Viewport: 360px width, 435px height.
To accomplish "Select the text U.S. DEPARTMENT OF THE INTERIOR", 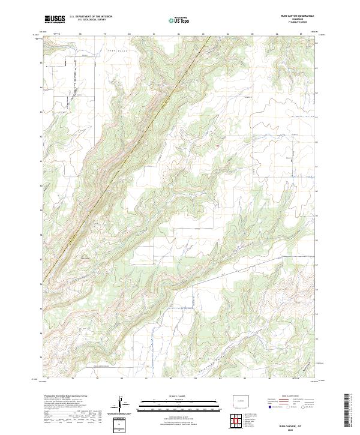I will (x=91, y=17).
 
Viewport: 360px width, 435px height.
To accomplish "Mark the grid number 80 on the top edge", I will (x=129, y=34).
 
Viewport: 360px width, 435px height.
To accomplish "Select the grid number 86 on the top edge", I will (x=277, y=34).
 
